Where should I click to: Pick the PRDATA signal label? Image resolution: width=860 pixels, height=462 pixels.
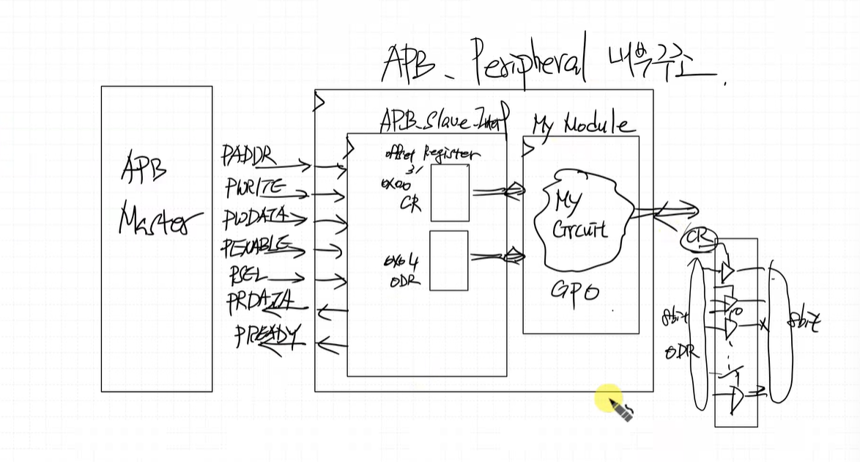pyautogui.click(x=259, y=302)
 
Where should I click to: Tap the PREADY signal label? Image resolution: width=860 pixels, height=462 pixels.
pyautogui.click(x=267, y=337)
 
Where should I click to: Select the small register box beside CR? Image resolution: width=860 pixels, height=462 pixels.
pyautogui.click(x=449, y=192)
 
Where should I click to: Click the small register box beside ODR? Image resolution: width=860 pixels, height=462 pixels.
pyautogui.click(x=448, y=260)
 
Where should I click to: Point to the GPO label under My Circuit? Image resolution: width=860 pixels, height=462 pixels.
pyautogui.click(x=575, y=292)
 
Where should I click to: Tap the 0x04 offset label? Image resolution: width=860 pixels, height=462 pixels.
pyautogui.click(x=401, y=261)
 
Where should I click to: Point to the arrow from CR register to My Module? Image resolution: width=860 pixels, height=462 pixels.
pyautogui.click(x=497, y=192)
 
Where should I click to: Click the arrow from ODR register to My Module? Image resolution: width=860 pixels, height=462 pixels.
pyautogui.click(x=497, y=256)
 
